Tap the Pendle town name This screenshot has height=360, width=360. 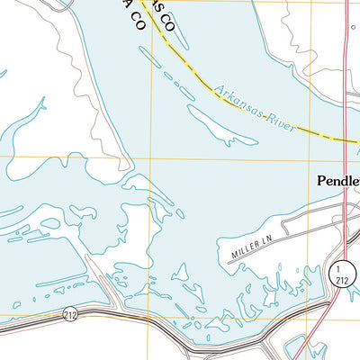coord(338,181)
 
